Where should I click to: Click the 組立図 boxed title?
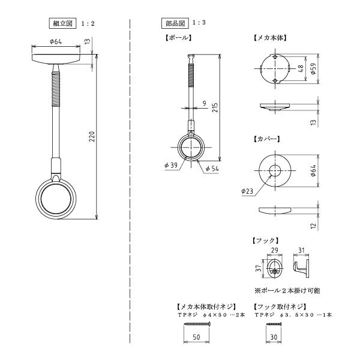point(62,23)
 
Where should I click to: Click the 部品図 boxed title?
point(175,23)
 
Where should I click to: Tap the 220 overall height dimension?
point(92,136)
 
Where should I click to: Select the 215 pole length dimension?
point(215,107)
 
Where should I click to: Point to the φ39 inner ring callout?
point(171,165)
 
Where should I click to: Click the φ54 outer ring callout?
point(212,169)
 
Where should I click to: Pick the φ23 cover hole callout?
point(247,191)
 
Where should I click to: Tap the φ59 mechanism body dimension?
point(313,68)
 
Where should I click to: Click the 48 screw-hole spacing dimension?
point(301,68)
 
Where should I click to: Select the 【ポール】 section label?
point(178,38)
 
